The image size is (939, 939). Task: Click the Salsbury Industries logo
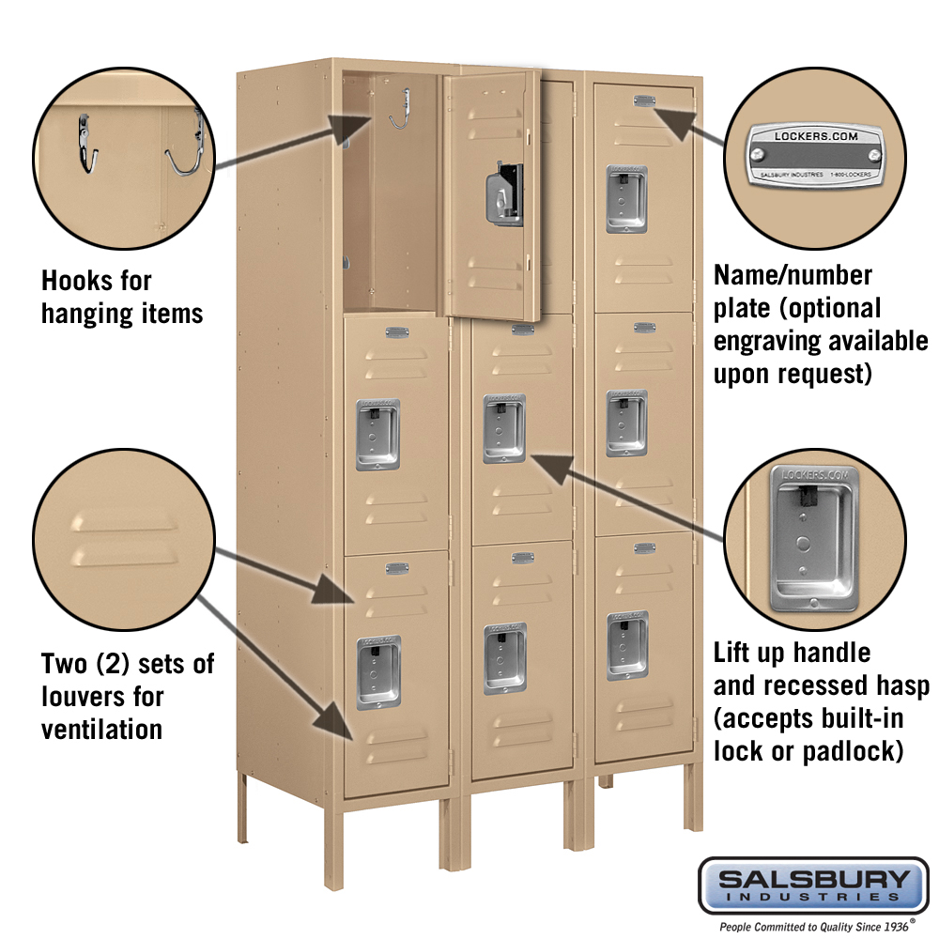point(813,886)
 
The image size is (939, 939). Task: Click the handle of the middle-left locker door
point(377,435)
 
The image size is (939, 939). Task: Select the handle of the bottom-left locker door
point(378,672)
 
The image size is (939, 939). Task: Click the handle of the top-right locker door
point(626,199)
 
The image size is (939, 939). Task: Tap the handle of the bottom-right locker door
point(627,645)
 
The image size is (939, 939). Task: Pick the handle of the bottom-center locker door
point(505,658)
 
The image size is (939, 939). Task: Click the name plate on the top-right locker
point(644,100)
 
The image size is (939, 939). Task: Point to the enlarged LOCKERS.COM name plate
point(815,155)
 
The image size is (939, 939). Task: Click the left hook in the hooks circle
point(87,145)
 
